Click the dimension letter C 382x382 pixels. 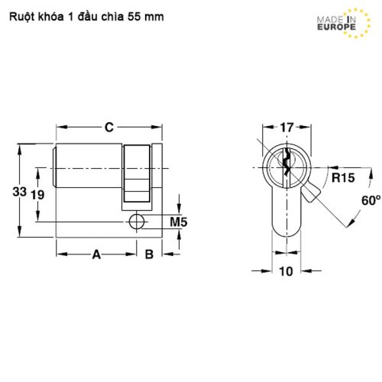point(109,127)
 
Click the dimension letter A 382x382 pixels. point(97,254)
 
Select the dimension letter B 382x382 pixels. point(150,254)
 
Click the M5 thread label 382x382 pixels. point(178,222)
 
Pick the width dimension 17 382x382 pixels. point(287,127)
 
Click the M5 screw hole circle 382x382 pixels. point(137,222)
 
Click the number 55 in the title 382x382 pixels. point(138,15)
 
